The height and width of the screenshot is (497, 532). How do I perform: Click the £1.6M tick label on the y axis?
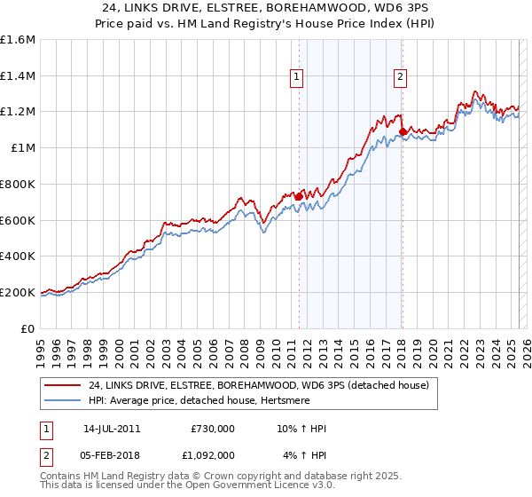tap(18, 40)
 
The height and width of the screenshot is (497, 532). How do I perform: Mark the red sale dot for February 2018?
tap(403, 131)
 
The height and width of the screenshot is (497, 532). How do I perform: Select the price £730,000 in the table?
tap(213, 429)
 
